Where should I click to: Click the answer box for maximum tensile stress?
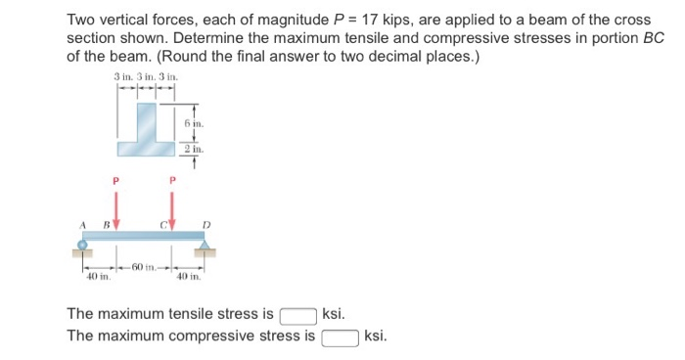pyautogui.click(x=297, y=315)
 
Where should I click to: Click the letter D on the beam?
pyautogui.click(x=205, y=224)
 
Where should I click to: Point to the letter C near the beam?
pyautogui.click(x=162, y=224)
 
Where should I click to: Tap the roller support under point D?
pyautogui.click(x=204, y=247)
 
